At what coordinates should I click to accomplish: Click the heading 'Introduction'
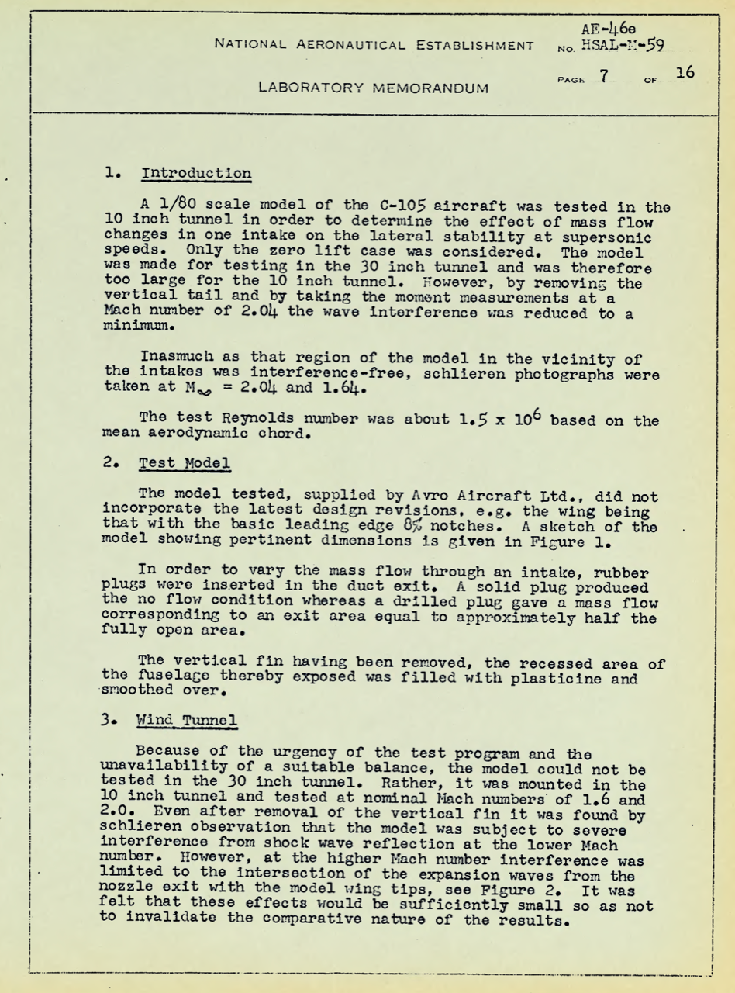[x=196, y=172]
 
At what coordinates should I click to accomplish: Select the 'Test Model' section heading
[x=184, y=463]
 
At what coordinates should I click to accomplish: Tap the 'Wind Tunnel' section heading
[x=186, y=719]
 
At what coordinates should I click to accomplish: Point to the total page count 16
[x=684, y=74]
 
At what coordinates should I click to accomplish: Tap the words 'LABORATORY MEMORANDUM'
[x=373, y=88]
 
